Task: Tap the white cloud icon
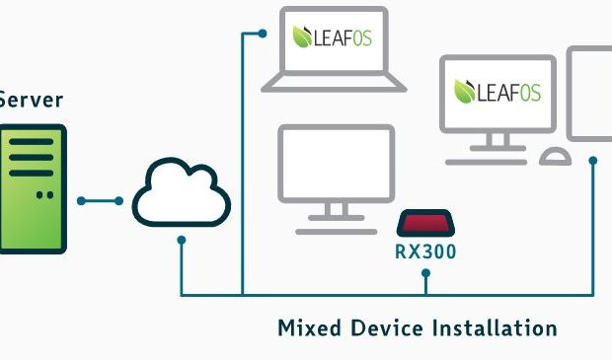(181, 192)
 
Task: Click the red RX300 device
(425, 223)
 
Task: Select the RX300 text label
(425, 252)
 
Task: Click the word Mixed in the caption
(310, 328)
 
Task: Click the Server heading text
(31, 101)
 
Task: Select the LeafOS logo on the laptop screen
(332, 37)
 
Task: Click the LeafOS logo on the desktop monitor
(497, 92)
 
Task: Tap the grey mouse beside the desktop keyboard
(556, 157)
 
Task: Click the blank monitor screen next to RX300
(336, 164)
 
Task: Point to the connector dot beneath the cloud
(181, 240)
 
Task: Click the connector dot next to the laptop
(263, 34)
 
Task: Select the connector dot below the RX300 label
(425, 273)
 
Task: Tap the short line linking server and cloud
(100, 201)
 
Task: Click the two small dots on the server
(44, 195)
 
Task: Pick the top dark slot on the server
(32, 142)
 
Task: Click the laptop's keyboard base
(334, 84)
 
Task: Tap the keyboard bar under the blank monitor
(336, 232)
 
